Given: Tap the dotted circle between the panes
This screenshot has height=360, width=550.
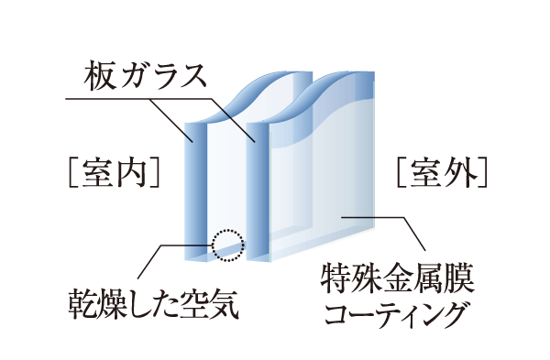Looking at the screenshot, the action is tap(227, 244).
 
